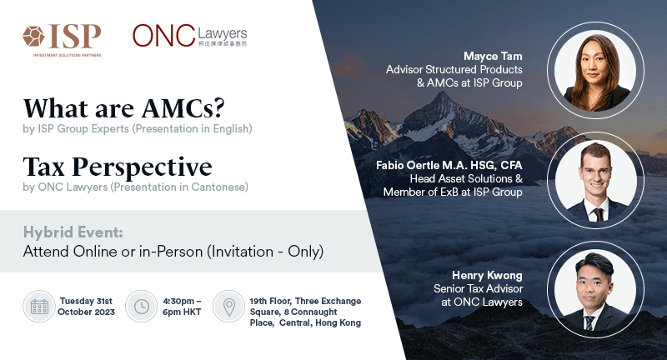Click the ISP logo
pyautogui.click(x=62, y=40)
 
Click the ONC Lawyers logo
pyautogui.click(x=190, y=36)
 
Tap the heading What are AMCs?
pyautogui.click(x=123, y=108)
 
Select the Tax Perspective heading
pyautogui.click(x=118, y=167)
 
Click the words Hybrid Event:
pyautogui.click(x=73, y=232)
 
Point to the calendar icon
pyautogui.click(x=39, y=307)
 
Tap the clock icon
pyautogui.click(x=141, y=307)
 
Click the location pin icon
pyautogui.click(x=228, y=307)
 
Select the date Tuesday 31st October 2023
pyautogui.click(x=86, y=307)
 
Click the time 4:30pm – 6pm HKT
pyautogui.click(x=182, y=307)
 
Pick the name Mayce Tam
pyautogui.click(x=493, y=56)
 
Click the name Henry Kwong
pyautogui.click(x=487, y=276)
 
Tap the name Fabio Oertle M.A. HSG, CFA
pyautogui.click(x=449, y=165)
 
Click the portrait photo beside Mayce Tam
pyautogui.click(x=595, y=71)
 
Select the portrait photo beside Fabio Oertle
pyautogui.click(x=595, y=180)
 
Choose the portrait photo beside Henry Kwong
pyautogui.click(x=595, y=290)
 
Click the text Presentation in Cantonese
pyautogui.click(x=179, y=187)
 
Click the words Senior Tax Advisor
pyautogui.click(x=478, y=288)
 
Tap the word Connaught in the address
pyautogui.click(x=314, y=312)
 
